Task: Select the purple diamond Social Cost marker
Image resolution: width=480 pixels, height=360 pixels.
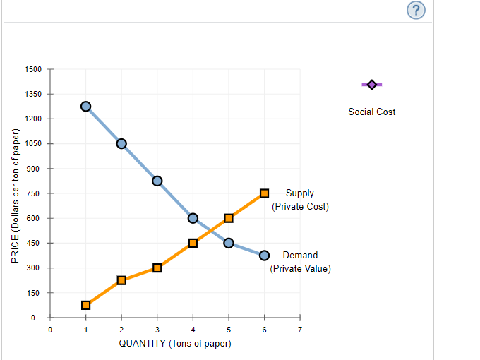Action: (372, 85)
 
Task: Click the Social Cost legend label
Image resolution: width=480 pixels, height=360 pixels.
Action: (372, 112)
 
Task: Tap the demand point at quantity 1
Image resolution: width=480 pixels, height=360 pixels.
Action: (86, 107)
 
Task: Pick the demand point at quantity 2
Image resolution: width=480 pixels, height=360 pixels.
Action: (121, 144)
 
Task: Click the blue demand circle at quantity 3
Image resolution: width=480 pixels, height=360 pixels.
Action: (157, 181)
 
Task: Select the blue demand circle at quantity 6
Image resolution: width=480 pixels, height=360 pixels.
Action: (265, 256)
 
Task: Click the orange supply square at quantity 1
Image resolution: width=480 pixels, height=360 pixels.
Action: (86, 305)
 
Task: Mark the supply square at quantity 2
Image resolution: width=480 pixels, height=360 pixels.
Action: (121, 280)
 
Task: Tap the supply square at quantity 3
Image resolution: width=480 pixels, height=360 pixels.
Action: (157, 268)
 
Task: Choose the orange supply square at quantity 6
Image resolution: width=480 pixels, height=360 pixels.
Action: (265, 193)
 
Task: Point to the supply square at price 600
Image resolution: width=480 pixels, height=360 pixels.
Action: (229, 218)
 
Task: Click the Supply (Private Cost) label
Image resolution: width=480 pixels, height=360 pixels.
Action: (300, 199)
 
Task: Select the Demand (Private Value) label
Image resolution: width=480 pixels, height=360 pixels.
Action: (300, 261)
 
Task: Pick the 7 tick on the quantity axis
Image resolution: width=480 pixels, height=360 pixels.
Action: (300, 329)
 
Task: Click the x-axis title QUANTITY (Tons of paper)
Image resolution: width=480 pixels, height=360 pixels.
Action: (175, 343)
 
